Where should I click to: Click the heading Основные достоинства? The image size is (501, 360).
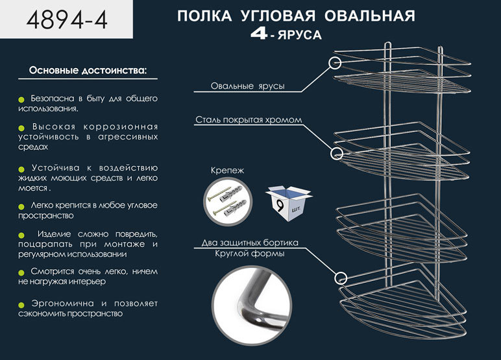tap(88, 69)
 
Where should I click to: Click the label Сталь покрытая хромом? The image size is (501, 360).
tap(247, 120)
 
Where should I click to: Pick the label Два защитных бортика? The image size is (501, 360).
tap(250, 243)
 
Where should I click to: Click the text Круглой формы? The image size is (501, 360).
tap(250, 254)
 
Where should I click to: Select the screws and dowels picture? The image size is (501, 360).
tap(226, 199)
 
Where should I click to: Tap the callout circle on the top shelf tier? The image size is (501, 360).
tap(336, 63)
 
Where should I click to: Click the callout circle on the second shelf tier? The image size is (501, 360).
tap(336, 153)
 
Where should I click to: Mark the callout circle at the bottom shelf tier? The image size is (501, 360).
tap(339, 277)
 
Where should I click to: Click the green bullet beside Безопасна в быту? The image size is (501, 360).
tap(21, 99)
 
